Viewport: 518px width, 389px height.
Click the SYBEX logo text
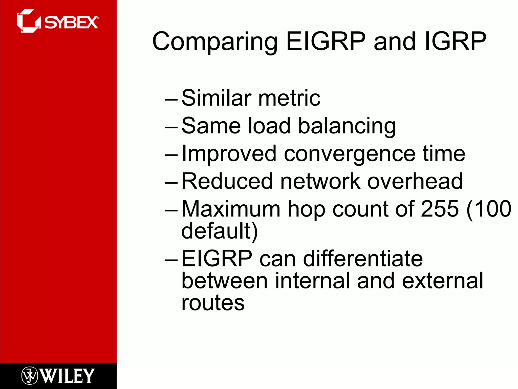point(71,23)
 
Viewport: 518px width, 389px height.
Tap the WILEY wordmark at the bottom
point(67,376)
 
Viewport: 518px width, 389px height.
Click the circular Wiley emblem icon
point(30,376)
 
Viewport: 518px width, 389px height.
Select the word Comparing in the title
point(215,42)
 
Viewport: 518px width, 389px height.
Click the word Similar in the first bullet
point(217,98)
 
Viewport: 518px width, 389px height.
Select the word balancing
point(347,126)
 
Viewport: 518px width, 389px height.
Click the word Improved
point(229,154)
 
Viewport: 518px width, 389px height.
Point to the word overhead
point(415,181)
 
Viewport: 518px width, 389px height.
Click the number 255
point(440,209)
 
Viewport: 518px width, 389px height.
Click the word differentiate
point(363,259)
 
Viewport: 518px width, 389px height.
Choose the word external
point(443,281)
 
